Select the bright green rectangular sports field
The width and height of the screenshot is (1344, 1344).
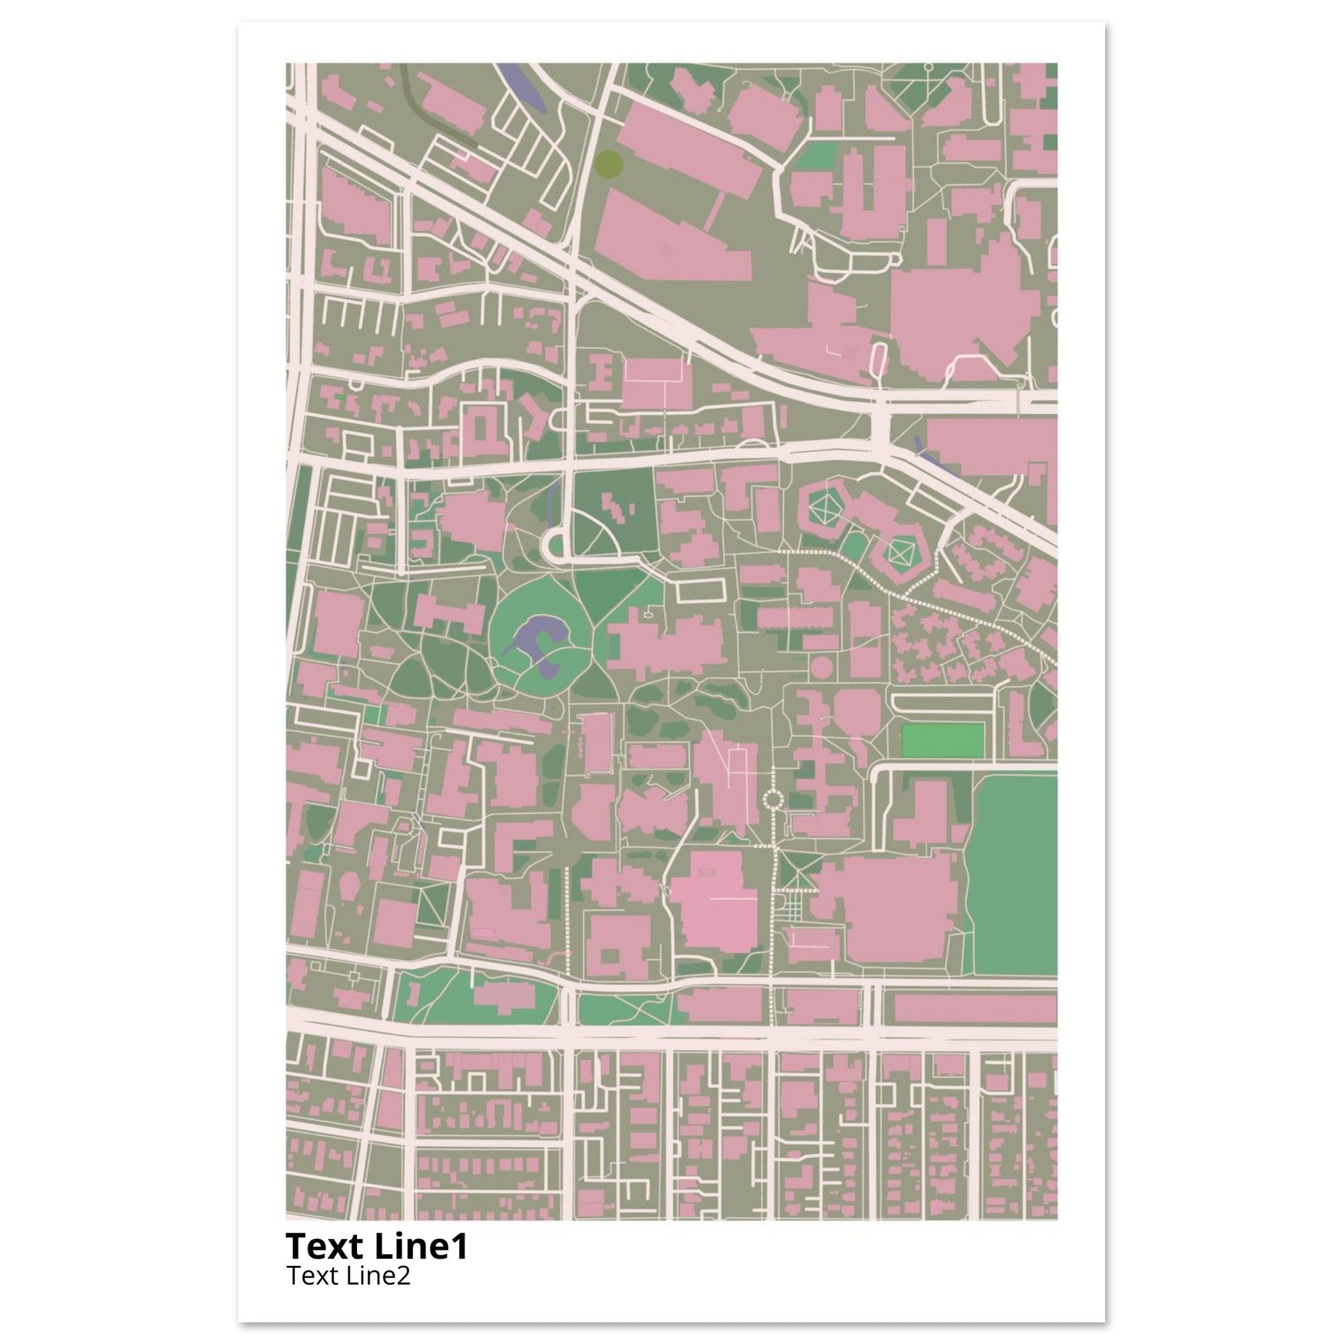click(942, 741)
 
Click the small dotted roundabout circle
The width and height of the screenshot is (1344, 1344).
click(773, 799)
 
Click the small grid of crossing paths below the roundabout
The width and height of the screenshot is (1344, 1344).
click(791, 908)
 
